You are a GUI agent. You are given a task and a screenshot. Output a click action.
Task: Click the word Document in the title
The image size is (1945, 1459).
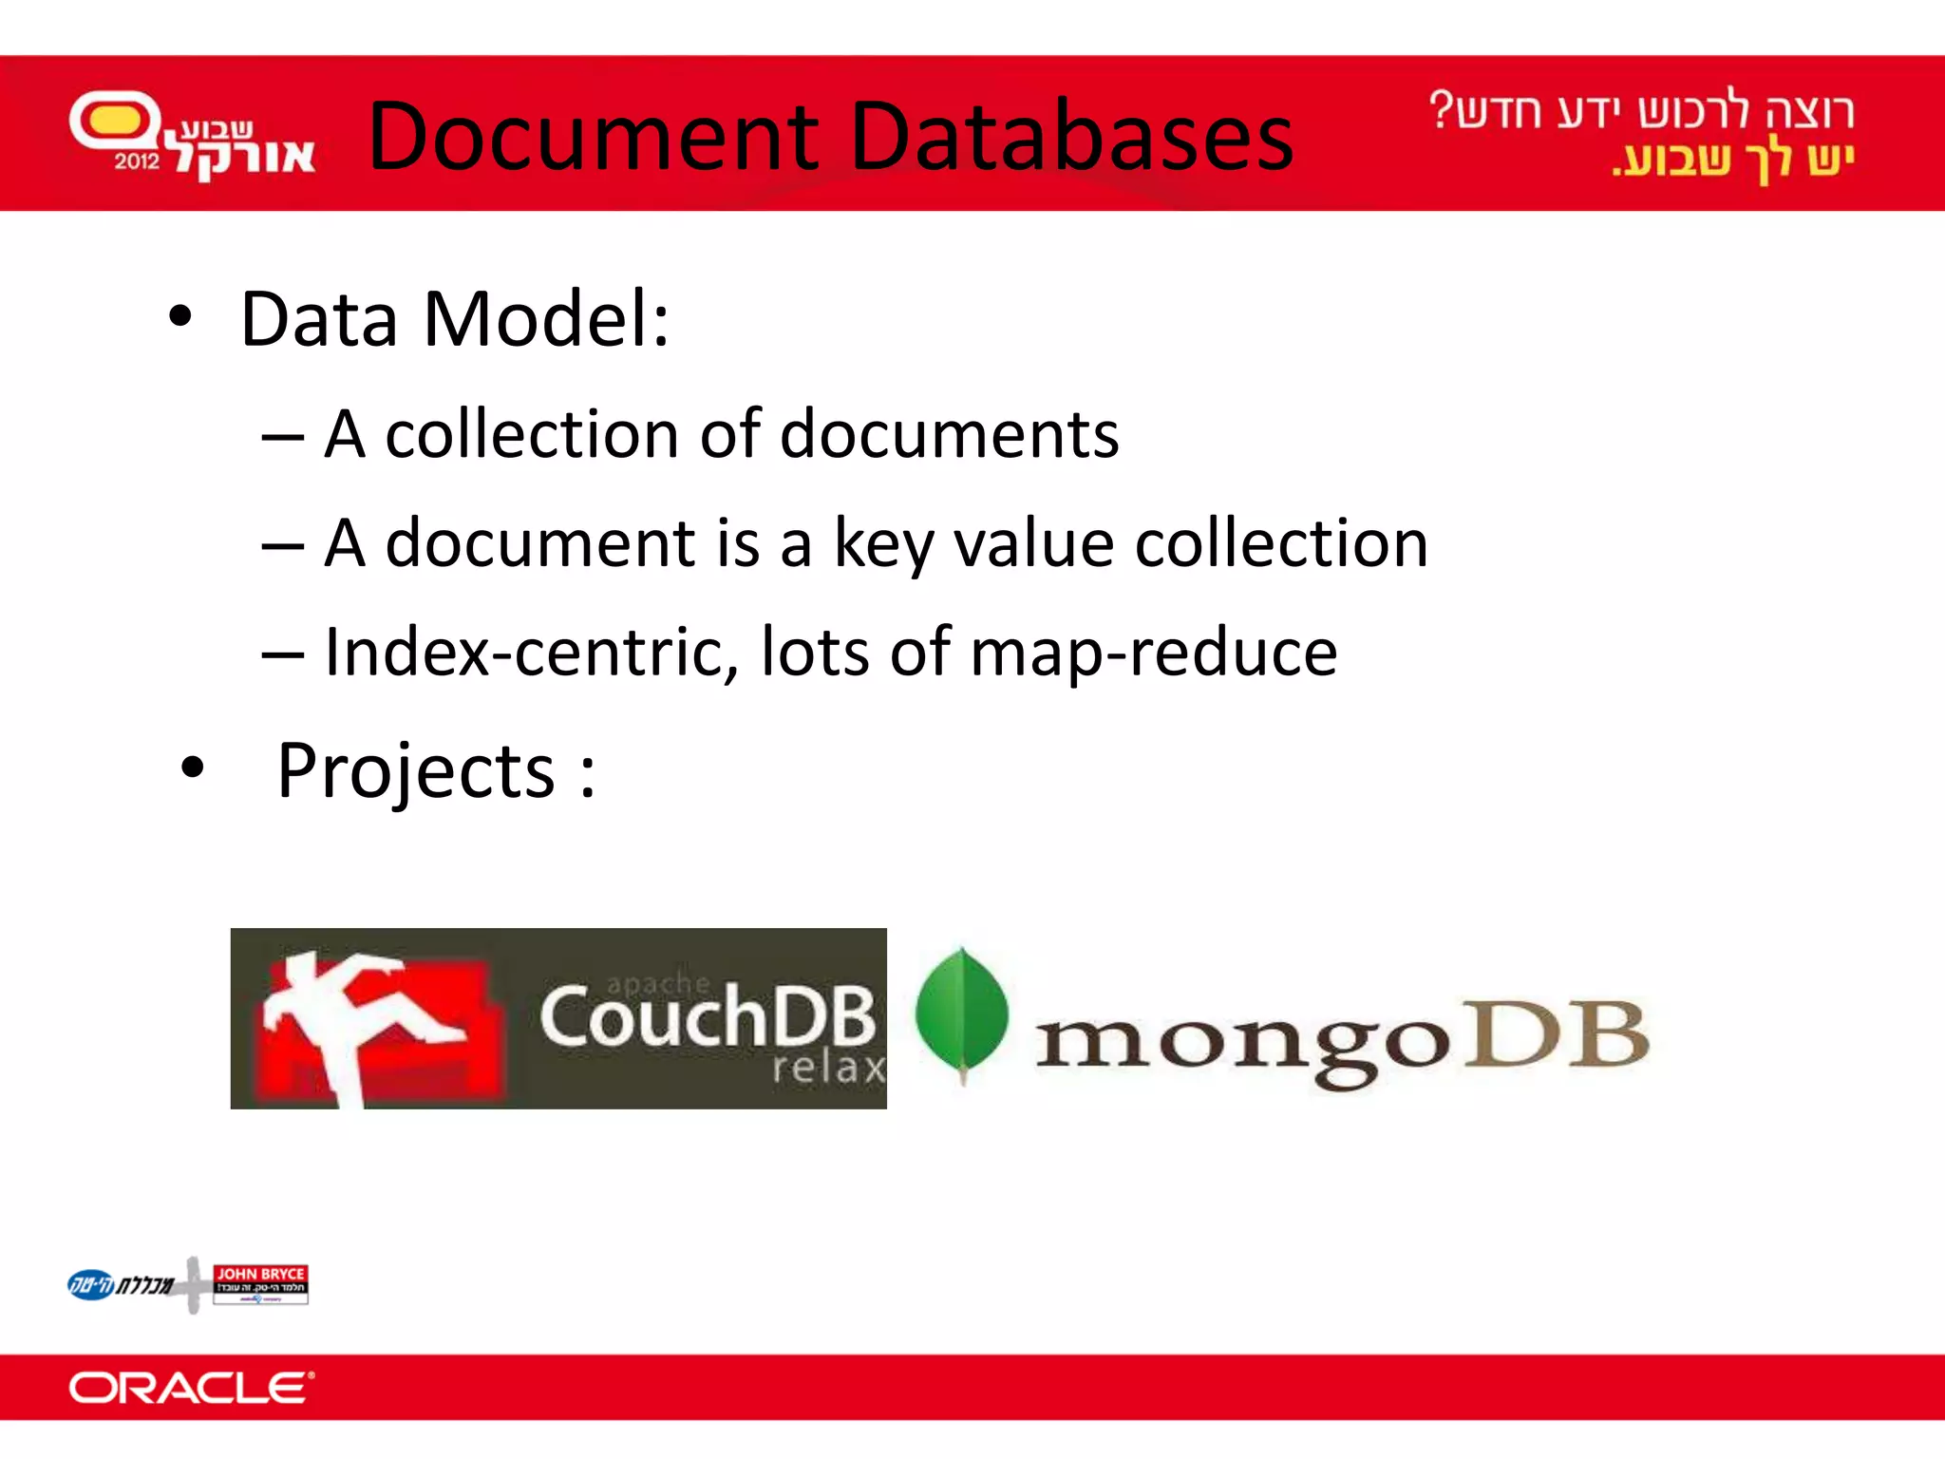click(593, 137)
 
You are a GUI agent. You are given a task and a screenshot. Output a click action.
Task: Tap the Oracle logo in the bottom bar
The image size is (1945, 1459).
click(191, 1388)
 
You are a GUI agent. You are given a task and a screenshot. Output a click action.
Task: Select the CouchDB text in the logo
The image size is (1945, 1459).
click(707, 1017)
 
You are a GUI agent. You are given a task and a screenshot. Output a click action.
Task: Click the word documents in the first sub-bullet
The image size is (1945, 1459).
click(949, 435)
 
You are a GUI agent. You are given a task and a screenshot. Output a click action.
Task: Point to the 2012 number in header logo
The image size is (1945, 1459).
click(137, 161)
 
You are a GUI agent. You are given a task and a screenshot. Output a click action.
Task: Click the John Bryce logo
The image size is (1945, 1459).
click(260, 1284)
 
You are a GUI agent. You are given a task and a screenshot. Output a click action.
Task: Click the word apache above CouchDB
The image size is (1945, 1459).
click(658, 983)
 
